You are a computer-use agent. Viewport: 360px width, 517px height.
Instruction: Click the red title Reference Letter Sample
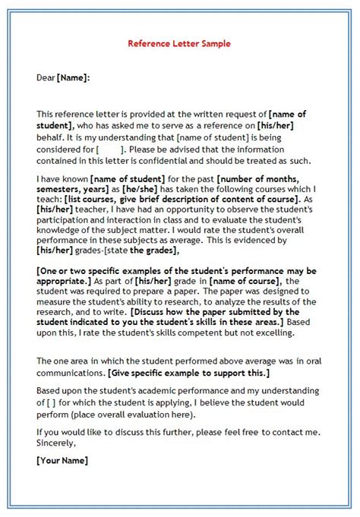click(x=179, y=44)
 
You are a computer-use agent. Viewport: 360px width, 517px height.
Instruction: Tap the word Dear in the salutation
click(x=47, y=77)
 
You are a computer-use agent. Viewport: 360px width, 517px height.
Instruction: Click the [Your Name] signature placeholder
click(x=62, y=461)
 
